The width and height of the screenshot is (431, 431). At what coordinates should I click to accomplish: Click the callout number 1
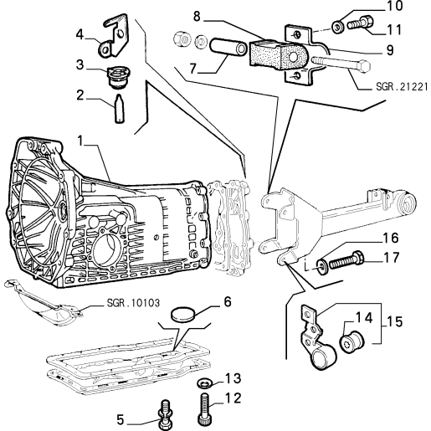pyautogui.click(x=80, y=141)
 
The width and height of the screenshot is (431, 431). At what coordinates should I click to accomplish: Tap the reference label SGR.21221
pyautogui.click(x=402, y=87)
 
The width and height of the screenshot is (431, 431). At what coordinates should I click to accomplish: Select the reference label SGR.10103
pyautogui.click(x=133, y=303)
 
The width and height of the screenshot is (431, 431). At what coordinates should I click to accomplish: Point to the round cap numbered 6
pyautogui.click(x=182, y=314)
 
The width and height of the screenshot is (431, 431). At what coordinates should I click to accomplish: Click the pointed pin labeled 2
pyautogui.click(x=119, y=109)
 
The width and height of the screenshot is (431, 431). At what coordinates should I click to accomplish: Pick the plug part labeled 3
pyautogui.click(x=119, y=77)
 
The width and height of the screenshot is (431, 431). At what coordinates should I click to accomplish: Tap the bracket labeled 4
pyautogui.click(x=114, y=37)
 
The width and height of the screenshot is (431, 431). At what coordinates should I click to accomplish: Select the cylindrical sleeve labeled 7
pyautogui.click(x=228, y=47)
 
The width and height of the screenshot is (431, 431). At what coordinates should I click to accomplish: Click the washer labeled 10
pyautogui.click(x=338, y=27)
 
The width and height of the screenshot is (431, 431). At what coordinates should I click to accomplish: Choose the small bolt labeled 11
pyautogui.click(x=360, y=23)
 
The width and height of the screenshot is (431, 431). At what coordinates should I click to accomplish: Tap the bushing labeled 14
pyautogui.click(x=351, y=341)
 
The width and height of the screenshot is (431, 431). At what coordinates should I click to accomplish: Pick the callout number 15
pyautogui.click(x=395, y=321)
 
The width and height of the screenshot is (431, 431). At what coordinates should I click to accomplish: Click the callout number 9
pyautogui.click(x=390, y=50)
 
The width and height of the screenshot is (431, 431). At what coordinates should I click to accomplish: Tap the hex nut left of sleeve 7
pyautogui.click(x=182, y=39)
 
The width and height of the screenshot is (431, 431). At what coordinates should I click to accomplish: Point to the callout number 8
pyautogui.click(x=197, y=16)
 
